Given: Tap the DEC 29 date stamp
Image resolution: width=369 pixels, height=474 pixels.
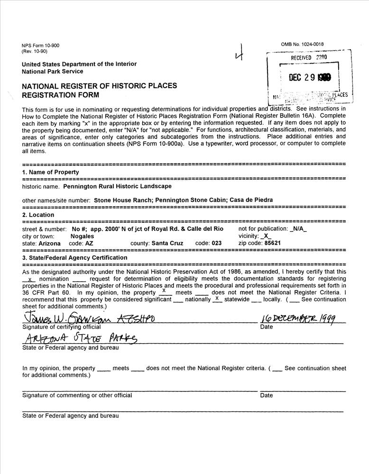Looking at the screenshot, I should tap(310, 78).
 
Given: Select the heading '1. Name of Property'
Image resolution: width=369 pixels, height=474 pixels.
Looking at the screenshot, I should tap(51, 172).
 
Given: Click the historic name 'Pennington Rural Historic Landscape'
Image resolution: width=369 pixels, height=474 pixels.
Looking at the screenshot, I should tap(117, 187).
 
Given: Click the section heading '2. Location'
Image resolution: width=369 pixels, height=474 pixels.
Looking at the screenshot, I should tap(38, 215).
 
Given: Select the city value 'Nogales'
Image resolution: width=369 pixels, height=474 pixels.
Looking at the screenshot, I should tap(83, 236).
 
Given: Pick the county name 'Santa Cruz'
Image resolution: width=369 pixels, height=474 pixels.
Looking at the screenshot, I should tap(173, 243).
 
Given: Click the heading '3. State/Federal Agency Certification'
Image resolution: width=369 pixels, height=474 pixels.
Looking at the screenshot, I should tap(74, 257).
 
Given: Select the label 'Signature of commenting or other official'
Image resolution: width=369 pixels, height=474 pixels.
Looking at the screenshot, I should tap(77, 395).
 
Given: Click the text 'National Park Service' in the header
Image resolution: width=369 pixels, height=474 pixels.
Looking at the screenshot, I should tap(52, 72).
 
